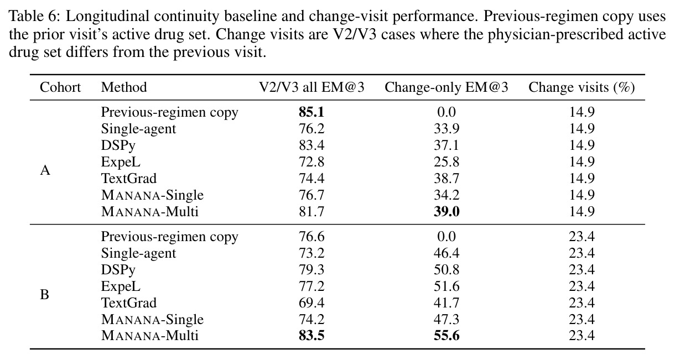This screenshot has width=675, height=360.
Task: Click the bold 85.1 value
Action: [x=311, y=112]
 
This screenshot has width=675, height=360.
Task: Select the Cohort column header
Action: [x=60, y=87]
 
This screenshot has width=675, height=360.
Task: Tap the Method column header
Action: [x=124, y=87]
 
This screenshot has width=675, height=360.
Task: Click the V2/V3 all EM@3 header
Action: [x=311, y=87]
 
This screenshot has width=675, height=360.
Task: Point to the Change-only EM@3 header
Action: [x=446, y=87]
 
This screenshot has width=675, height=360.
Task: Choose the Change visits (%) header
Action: [x=581, y=87]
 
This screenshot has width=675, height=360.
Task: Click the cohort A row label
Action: [x=45, y=170]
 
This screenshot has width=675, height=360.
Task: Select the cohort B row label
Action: [x=44, y=295]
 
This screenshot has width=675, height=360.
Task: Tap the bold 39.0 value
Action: [x=446, y=211]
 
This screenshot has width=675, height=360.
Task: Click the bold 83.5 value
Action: [x=311, y=336]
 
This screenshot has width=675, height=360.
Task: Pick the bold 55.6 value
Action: [x=446, y=336]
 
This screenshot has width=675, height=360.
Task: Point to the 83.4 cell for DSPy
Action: [x=311, y=145]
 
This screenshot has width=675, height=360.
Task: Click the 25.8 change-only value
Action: [x=446, y=162]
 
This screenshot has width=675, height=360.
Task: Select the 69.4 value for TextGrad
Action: [x=311, y=302]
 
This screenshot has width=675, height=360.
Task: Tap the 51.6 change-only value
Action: [x=446, y=286]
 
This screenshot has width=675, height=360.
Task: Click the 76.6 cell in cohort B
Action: [x=311, y=237]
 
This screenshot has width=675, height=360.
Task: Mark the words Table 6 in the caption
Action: [x=33, y=16]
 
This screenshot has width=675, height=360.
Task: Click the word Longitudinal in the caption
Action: [x=107, y=16]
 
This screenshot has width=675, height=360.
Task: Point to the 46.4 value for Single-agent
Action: [x=446, y=253]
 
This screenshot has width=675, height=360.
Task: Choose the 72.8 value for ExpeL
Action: [x=311, y=162]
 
